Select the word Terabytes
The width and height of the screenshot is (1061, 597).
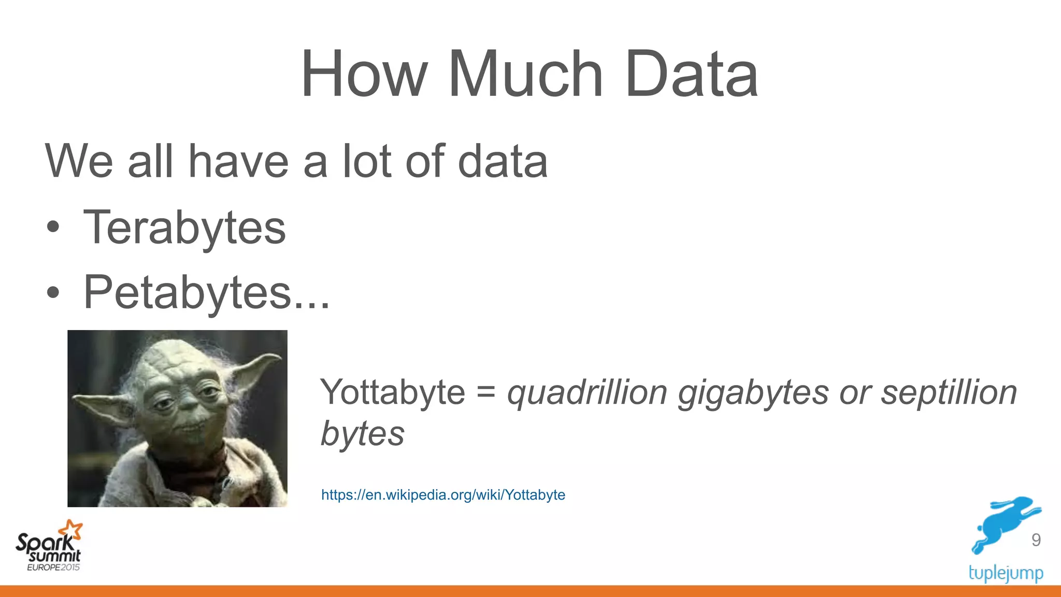coord(184,228)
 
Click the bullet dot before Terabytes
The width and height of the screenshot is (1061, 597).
coord(53,228)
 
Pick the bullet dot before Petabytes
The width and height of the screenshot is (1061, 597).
coord(53,293)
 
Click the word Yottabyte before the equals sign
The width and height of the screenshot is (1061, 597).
coord(393,393)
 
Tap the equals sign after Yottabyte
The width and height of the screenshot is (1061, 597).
coord(486,392)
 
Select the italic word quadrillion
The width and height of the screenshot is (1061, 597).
coord(587,393)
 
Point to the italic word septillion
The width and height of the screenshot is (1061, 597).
coord(949,392)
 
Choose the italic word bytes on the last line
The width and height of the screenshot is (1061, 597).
coord(363,434)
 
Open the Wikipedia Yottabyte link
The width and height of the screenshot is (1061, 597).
coord(443,495)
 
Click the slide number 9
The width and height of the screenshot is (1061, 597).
coord(1036,540)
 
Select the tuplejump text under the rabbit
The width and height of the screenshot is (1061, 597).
coord(1006,573)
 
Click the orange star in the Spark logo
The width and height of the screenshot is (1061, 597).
coord(71,530)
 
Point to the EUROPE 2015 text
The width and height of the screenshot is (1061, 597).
coord(53,567)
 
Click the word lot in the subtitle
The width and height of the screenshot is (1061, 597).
coord(367,161)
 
